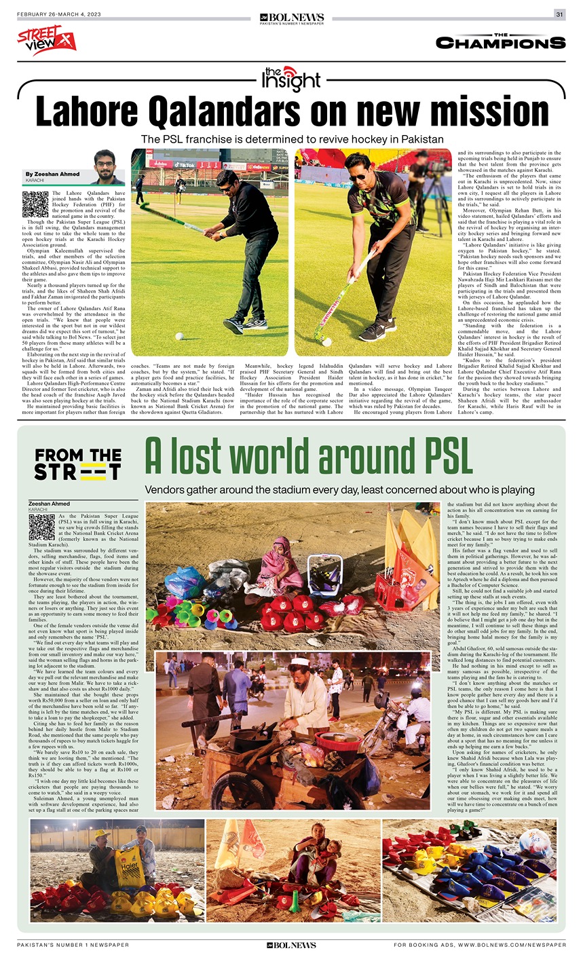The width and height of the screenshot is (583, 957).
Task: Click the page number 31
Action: (560, 14)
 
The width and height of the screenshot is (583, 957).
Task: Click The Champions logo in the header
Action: (500, 41)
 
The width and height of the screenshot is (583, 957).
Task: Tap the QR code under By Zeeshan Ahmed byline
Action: (35, 204)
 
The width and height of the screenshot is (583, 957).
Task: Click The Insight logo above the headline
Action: (291, 79)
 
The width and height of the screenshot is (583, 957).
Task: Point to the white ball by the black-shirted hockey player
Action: (179, 335)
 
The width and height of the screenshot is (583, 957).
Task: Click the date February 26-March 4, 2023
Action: (58, 15)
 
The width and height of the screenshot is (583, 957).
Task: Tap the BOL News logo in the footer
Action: (291, 945)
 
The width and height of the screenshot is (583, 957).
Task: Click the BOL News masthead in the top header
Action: (292, 18)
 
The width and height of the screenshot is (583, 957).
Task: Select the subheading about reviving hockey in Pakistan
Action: (292, 139)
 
